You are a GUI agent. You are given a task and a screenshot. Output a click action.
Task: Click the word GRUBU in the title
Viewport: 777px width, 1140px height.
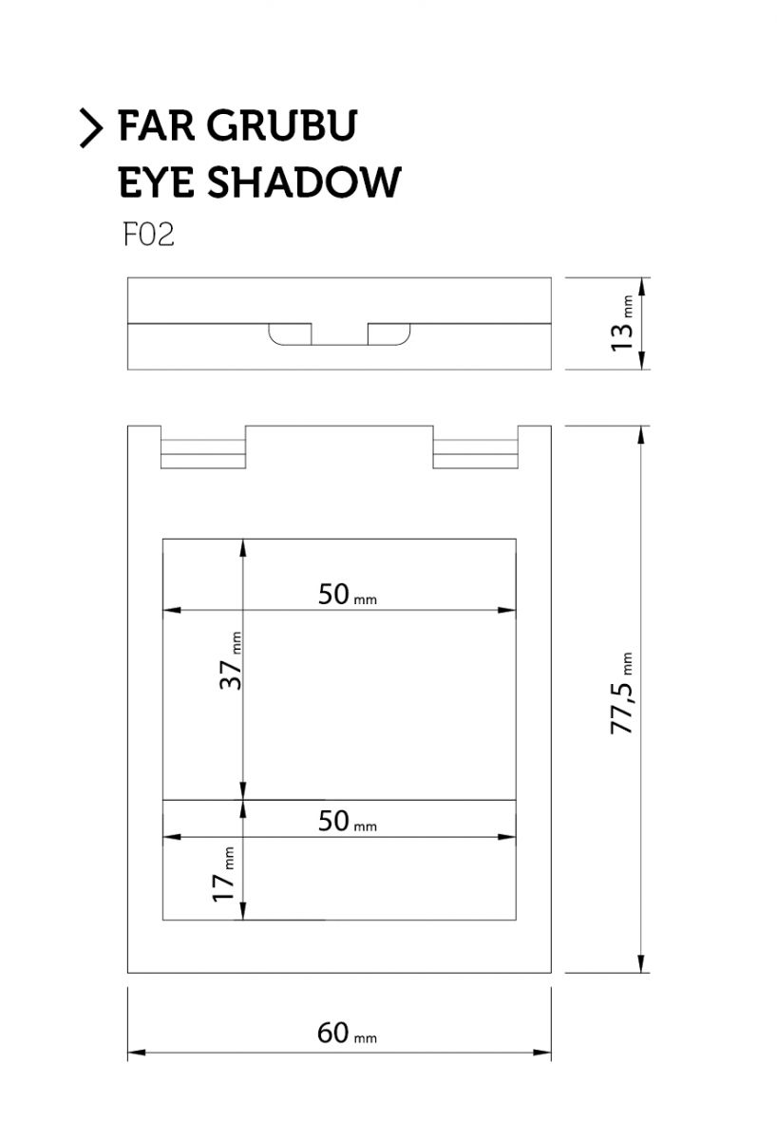click(282, 125)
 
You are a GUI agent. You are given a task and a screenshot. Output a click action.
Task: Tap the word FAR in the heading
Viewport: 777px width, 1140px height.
click(156, 125)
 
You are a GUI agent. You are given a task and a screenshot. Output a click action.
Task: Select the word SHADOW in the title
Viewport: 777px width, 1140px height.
click(304, 181)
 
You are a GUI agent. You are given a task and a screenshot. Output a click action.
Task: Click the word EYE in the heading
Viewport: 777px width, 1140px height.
click(156, 181)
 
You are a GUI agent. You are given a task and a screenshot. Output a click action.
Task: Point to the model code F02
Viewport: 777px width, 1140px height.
click(148, 235)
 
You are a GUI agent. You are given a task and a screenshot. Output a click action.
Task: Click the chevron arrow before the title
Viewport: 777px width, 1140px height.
click(91, 127)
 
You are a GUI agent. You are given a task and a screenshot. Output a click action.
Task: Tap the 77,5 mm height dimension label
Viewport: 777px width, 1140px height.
click(622, 693)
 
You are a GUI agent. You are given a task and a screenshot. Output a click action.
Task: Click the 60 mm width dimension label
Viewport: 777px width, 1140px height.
click(347, 1034)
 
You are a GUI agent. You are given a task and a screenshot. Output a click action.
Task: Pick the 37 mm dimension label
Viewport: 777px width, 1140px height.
click(230, 660)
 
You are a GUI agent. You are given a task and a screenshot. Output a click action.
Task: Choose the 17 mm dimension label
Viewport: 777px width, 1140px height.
click(223, 875)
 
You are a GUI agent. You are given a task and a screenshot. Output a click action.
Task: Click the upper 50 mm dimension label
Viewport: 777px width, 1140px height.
click(348, 594)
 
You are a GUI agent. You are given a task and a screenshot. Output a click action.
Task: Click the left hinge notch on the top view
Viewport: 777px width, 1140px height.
click(203, 446)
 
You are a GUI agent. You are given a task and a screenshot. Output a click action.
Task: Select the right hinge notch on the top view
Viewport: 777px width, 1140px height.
click(476, 446)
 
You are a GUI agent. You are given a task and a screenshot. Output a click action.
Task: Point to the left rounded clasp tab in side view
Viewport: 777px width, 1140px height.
click(290, 333)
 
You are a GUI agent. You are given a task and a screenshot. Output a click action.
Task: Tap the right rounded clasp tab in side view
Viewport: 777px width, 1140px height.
click(388, 333)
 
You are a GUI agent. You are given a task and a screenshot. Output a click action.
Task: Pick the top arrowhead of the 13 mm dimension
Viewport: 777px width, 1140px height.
click(642, 287)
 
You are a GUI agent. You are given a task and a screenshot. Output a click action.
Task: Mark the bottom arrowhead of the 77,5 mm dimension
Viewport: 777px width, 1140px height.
click(641, 963)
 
